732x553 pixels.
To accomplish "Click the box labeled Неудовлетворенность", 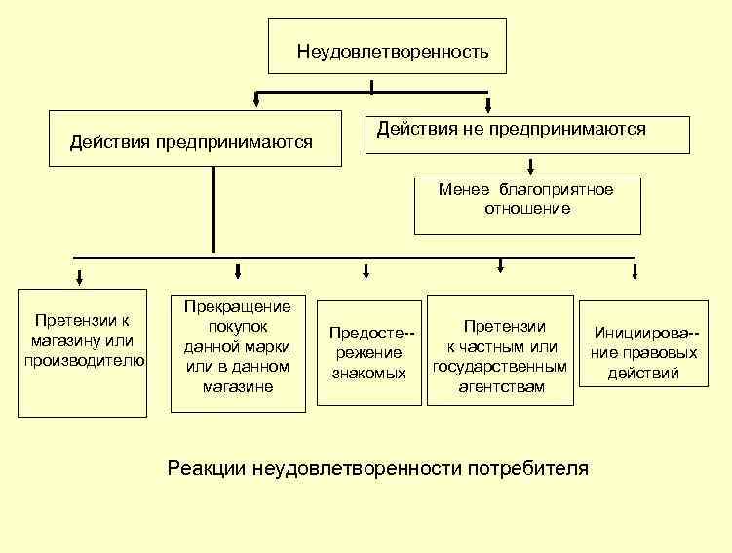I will point(387,46).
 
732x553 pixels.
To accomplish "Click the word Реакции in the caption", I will point(207,468).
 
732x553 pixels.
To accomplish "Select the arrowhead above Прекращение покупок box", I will point(238,271).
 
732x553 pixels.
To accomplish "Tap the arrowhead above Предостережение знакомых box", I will point(366,271).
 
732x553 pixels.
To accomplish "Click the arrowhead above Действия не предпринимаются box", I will point(488,104).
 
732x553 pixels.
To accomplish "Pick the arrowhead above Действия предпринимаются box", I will point(256,99).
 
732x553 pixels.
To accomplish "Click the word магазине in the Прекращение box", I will point(237,387).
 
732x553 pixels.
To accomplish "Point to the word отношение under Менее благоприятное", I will point(527,209).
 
